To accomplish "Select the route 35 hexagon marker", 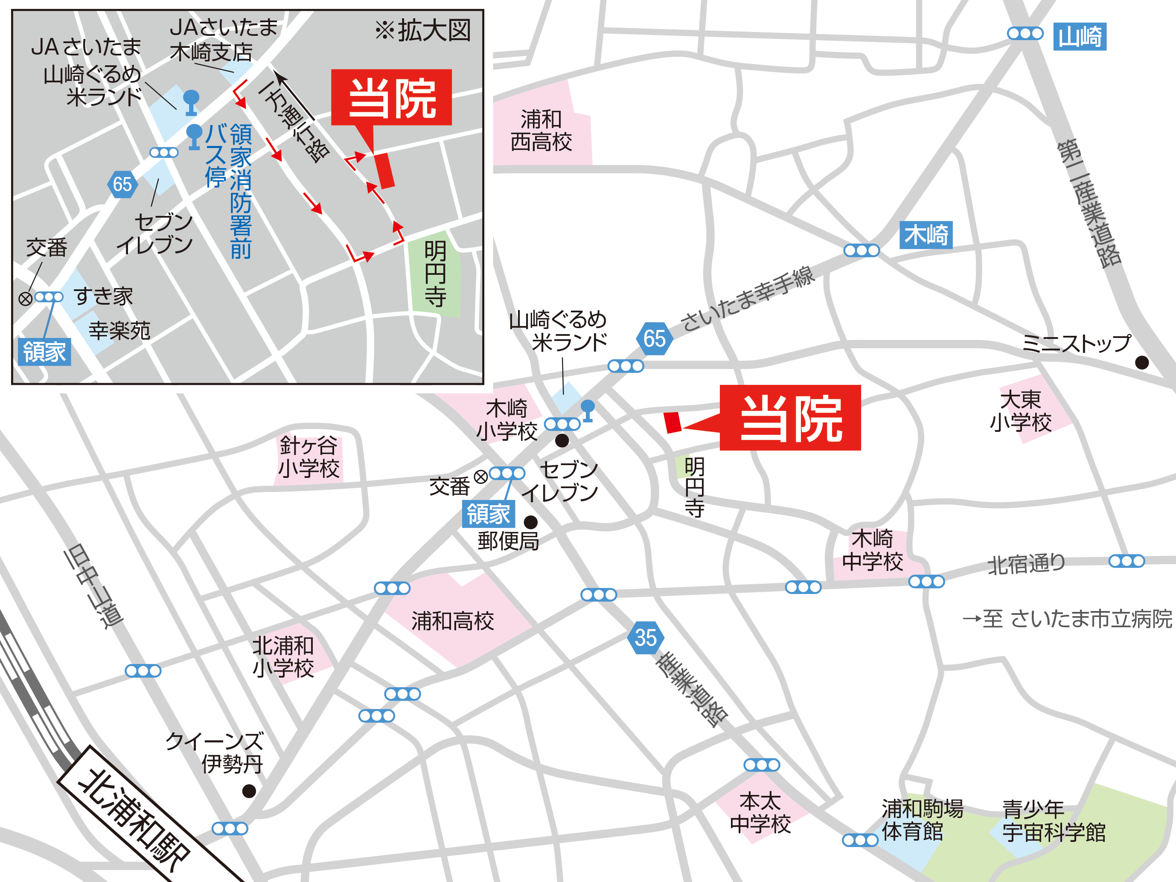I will pos(646,637).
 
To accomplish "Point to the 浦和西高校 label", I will pos(541,131).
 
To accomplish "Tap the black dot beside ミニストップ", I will pos(1141,363).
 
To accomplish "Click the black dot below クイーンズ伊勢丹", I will pos(249,791).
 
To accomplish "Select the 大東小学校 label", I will pos(1020,410).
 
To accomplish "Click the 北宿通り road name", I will pos(1026,564).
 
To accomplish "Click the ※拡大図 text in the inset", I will pos(423,30).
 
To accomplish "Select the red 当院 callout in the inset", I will pos(391,97).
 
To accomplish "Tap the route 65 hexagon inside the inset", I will pos(122,184).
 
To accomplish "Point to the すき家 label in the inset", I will pos(103,296).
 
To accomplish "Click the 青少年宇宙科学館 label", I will pos(1053,821).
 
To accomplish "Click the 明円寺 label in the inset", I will pos(435,274).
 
